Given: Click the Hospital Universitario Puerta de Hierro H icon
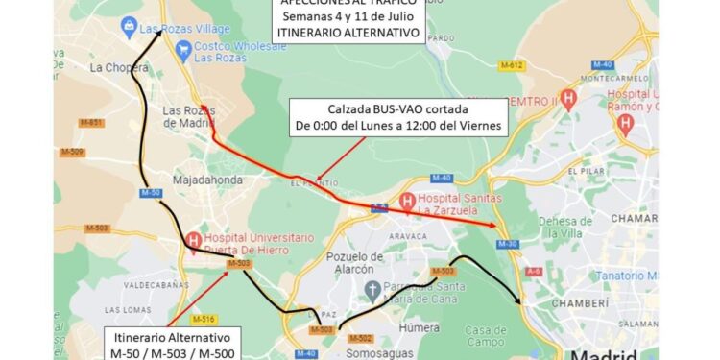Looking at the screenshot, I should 194,240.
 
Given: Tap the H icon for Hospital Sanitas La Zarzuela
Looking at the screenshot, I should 408,203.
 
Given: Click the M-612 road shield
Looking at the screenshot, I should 511,65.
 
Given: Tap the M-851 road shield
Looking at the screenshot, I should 92,123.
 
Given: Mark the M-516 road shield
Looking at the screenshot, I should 203,318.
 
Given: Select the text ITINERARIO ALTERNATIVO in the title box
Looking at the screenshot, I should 348,32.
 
